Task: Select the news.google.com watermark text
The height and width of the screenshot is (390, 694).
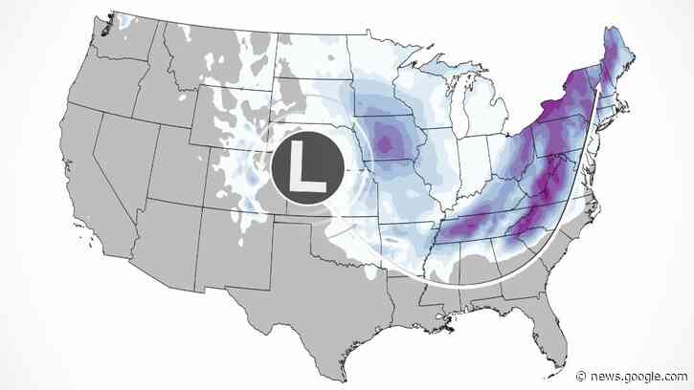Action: point(640,376)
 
